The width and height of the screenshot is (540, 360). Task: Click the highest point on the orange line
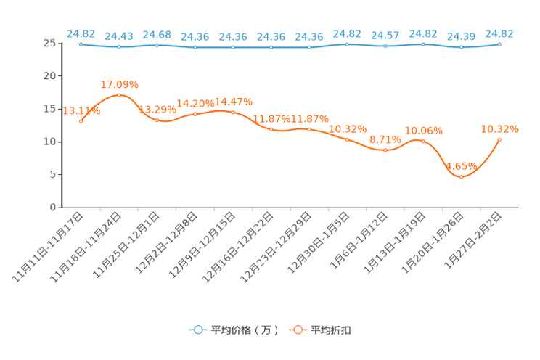click(119, 95)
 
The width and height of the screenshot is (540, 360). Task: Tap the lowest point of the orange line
click(461, 176)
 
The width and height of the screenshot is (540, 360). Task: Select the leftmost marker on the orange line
click(81, 121)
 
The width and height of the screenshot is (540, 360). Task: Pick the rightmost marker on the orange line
click(499, 139)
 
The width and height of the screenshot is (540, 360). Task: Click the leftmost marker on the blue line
click(81, 44)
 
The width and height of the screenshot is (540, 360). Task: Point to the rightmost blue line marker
click(499, 44)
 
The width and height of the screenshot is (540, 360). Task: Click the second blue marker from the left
click(119, 47)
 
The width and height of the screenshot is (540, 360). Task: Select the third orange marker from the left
click(157, 120)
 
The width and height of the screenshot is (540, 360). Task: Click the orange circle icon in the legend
click(297, 330)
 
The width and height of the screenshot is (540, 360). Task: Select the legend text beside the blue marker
click(244, 330)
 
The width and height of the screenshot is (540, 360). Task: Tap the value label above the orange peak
click(119, 84)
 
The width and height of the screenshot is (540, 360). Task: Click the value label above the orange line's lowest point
click(461, 165)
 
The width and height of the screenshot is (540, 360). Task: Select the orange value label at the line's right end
click(499, 128)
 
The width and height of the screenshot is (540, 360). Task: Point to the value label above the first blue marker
click(81, 33)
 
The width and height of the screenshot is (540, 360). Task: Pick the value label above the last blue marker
click(499, 33)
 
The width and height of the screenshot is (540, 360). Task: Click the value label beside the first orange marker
click(82, 110)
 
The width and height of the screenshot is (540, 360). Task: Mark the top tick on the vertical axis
click(58, 44)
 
